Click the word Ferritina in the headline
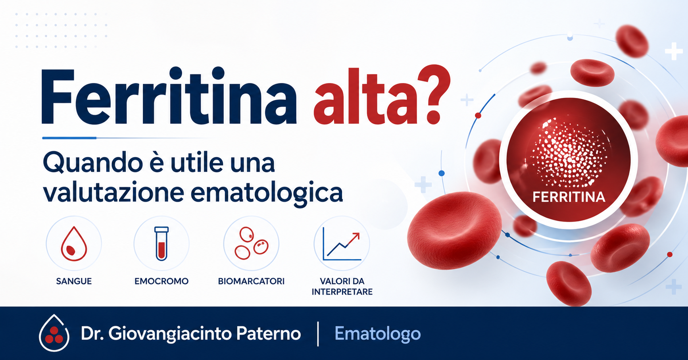(169, 97)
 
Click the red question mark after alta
(434, 95)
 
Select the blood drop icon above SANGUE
(74, 244)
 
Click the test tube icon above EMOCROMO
(161, 244)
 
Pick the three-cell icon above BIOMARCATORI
(251, 244)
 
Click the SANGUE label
(74, 281)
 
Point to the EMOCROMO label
(161, 281)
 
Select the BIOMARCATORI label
(251, 281)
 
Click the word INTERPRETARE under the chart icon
(342, 292)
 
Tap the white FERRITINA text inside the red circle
(569, 197)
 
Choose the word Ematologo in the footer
(377, 333)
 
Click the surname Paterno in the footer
(268, 333)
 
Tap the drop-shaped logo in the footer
(54, 334)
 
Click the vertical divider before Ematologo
(318, 334)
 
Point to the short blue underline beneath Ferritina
(69, 138)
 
